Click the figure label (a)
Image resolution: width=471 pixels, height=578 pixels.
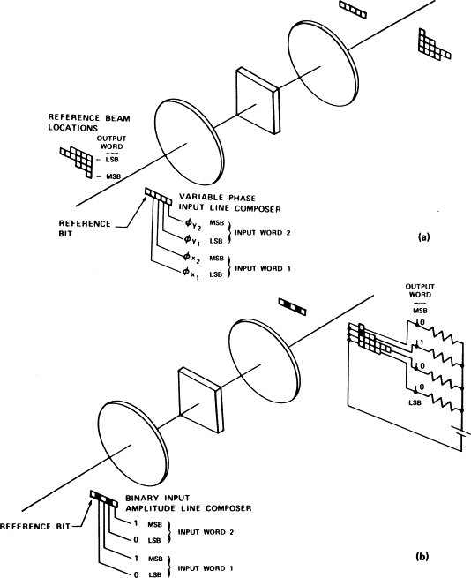click(423, 237)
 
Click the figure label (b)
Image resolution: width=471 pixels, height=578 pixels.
click(422, 556)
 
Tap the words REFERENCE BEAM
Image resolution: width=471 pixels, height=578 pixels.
click(89, 118)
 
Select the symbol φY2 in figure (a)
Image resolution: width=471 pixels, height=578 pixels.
click(193, 224)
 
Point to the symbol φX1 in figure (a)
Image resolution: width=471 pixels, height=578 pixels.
click(191, 274)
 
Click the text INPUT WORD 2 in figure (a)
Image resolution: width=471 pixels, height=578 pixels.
click(263, 233)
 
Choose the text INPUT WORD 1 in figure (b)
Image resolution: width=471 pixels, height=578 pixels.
click(206, 568)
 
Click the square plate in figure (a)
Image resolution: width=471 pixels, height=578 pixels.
click(258, 101)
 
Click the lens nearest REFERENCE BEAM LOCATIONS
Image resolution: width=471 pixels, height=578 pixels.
click(189, 142)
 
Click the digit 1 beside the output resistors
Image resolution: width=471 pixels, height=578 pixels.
click(422, 342)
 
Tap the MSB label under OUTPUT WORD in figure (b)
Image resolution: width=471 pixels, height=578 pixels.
click(420, 311)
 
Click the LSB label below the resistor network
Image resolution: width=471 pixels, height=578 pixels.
click(415, 402)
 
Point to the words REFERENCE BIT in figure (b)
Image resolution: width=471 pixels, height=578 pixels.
click(35, 527)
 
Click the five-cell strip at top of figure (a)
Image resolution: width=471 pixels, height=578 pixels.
click(353, 10)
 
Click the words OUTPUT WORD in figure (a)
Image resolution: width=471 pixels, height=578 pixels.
click(112, 143)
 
